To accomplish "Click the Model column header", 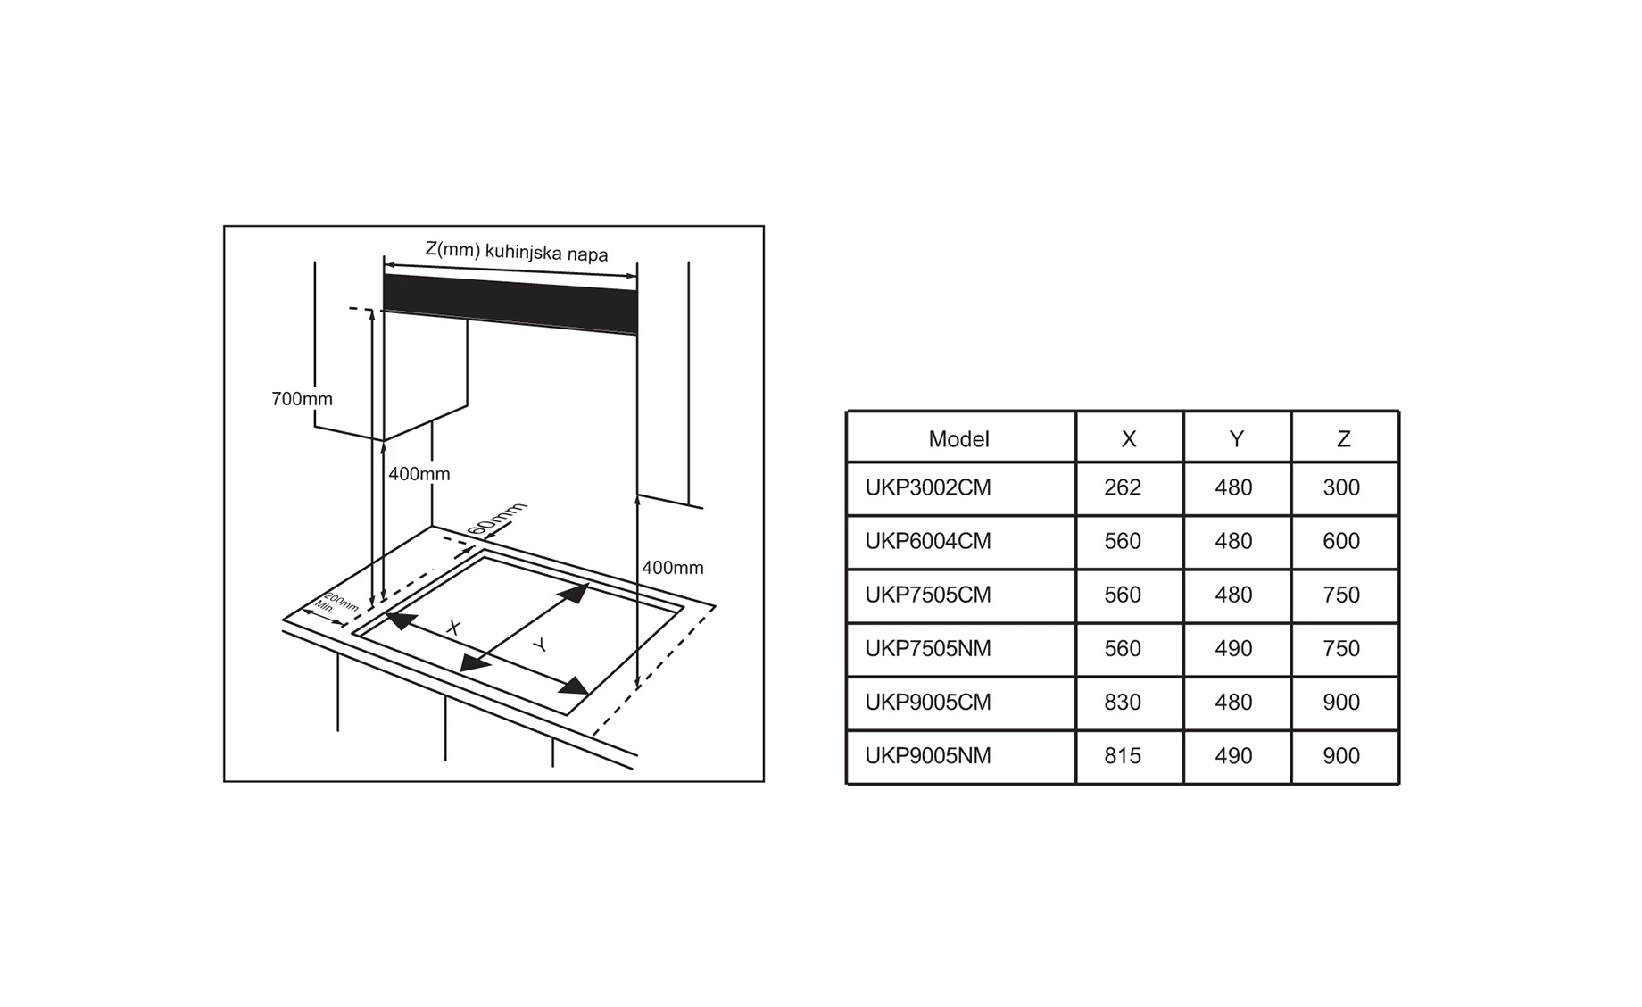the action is point(958,439).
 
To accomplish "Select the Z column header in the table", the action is point(1343,439).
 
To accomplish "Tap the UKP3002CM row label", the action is point(928,487).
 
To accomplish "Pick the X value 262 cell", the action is point(1123,487).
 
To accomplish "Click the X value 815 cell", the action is point(1123,756).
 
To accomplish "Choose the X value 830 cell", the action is point(1123,703).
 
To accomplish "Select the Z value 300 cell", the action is point(1341,487).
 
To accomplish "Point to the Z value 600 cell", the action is point(1341,541).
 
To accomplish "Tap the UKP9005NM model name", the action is point(928,756).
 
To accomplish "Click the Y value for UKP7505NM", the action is point(1233,649).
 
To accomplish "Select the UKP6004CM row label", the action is point(928,541).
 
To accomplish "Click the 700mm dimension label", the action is point(302,399).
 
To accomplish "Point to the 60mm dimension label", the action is point(497,520).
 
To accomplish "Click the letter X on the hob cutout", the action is point(453,628).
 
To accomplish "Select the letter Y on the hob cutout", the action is point(539,645).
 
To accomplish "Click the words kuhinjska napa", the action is point(547,253).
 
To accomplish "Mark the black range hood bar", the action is point(510,304).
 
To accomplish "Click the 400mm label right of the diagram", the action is point(673,568).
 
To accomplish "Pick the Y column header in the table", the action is point(1236,439).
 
